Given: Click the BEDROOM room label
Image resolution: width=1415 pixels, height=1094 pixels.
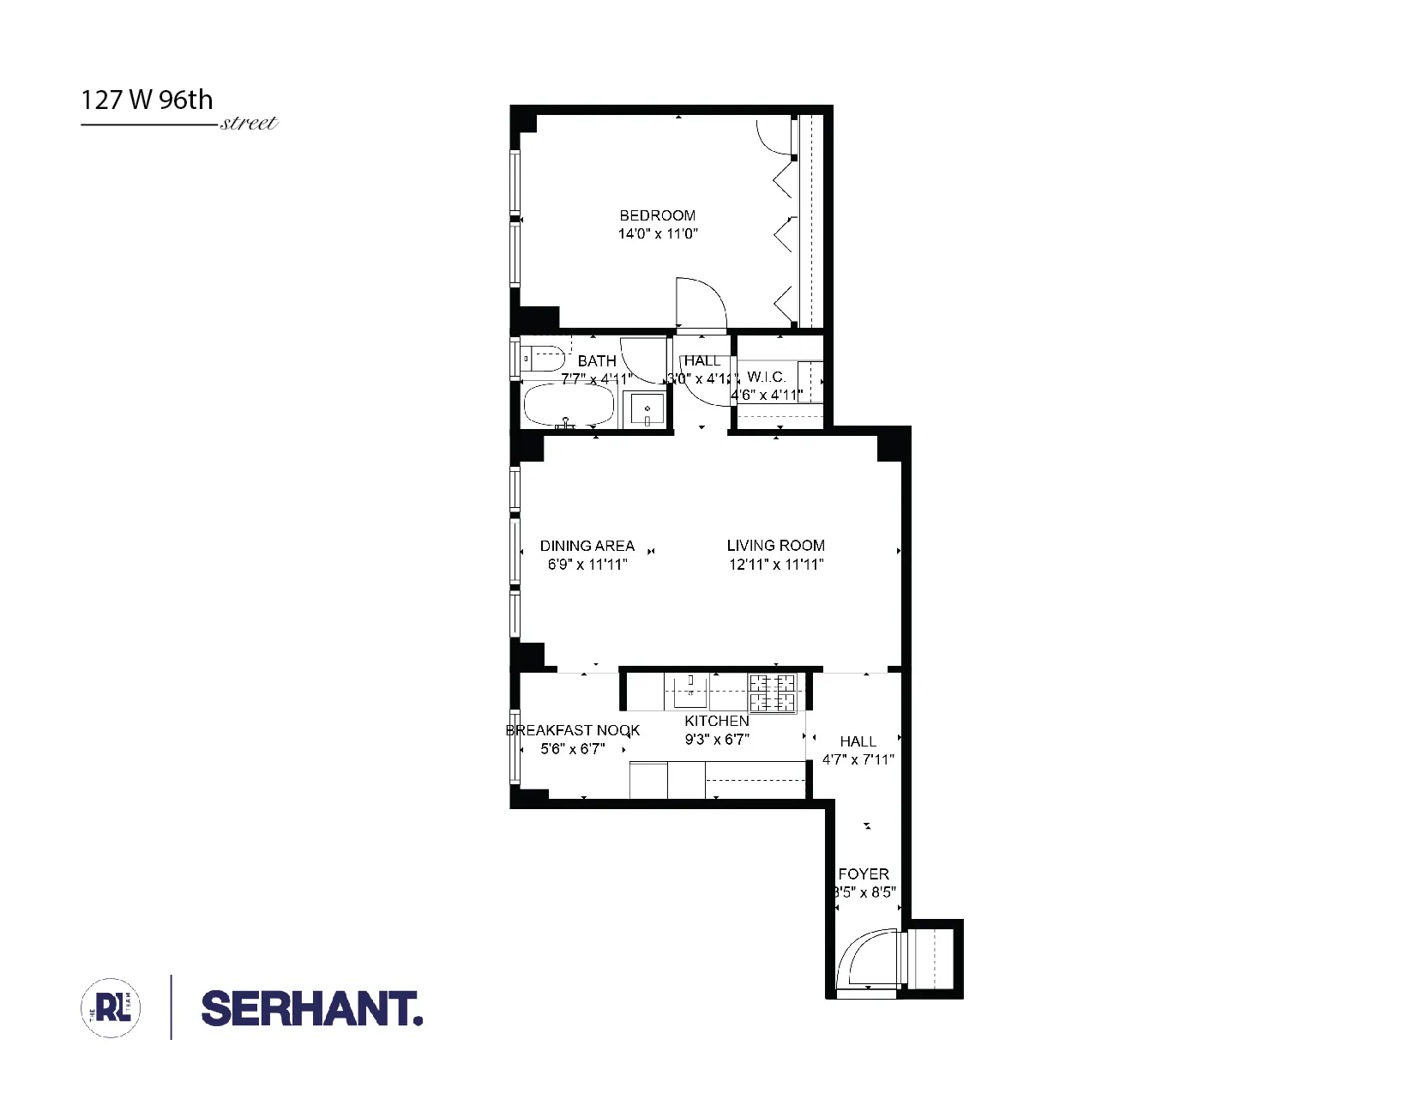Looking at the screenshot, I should point(657,215).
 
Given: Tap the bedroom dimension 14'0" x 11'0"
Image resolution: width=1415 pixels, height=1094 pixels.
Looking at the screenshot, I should point(658,233).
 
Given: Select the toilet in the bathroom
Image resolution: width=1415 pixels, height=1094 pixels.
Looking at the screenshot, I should point(545,355).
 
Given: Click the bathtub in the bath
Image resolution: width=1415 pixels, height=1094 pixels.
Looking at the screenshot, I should point(569,406).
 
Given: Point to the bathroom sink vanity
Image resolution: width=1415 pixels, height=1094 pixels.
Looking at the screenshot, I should point(647,409).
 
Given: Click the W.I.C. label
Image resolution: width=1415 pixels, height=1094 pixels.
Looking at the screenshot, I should point(766,378).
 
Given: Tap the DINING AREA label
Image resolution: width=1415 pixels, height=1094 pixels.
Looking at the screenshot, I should point(587,546).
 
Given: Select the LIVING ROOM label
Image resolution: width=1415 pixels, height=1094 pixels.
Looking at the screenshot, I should point(775,546).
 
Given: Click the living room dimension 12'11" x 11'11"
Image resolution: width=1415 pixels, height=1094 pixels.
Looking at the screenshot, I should point(776,565).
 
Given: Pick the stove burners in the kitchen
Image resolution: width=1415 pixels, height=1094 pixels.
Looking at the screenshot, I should point(773,693).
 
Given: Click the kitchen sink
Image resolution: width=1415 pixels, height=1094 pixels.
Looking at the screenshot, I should point(690,686).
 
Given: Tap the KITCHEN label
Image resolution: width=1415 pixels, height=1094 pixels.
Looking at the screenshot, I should point(717,722).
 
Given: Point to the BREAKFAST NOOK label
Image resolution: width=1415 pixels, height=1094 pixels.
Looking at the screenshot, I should point(572,731).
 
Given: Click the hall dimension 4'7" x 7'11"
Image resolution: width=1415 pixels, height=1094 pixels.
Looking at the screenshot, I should point(858,759).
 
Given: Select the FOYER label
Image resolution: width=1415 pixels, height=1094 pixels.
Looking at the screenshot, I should point(864,874).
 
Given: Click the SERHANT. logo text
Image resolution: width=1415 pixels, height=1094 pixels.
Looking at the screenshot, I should point(311,1008).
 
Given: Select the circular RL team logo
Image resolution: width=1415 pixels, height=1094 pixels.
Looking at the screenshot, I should point(111,1007).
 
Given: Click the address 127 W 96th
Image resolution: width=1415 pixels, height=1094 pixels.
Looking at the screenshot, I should point(147,100).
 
